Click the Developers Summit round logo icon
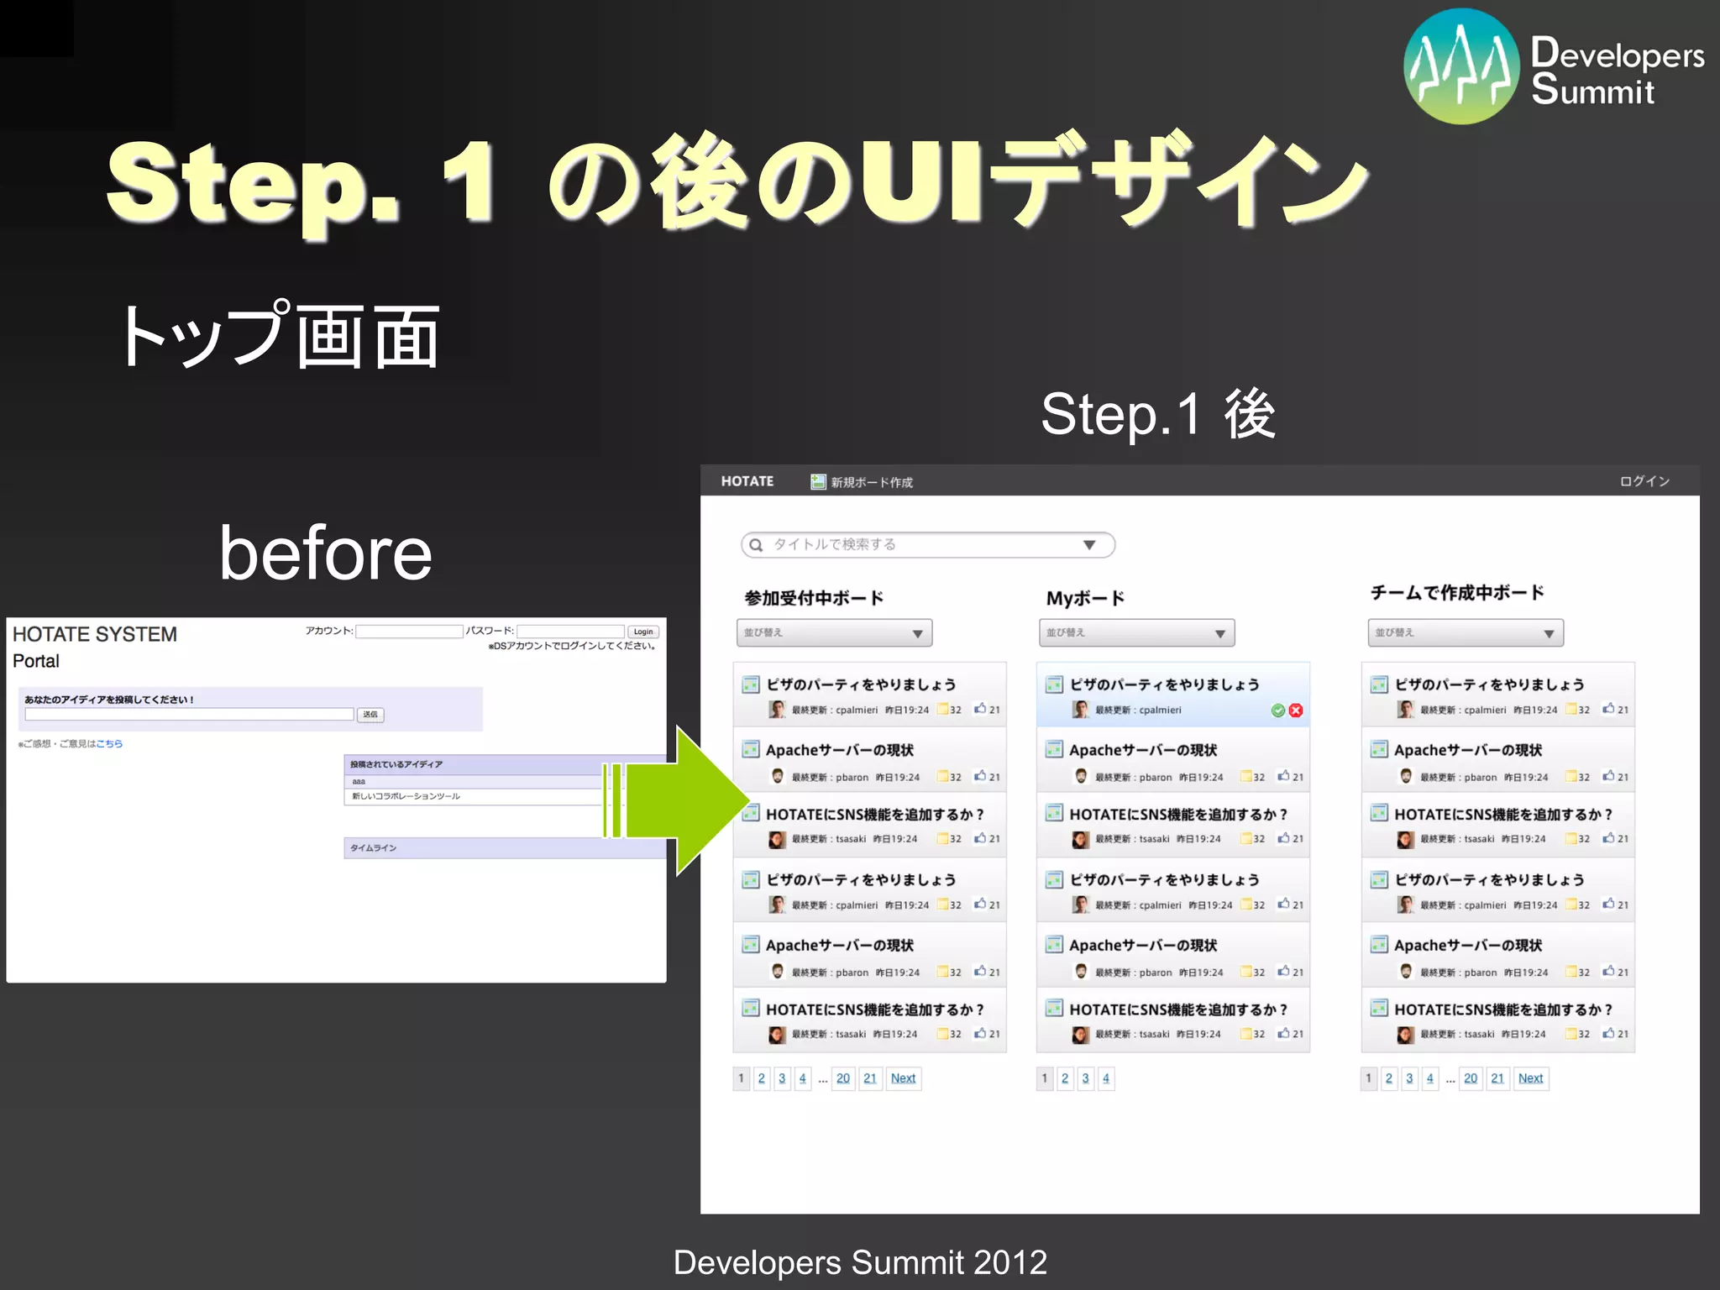pos(1461,66)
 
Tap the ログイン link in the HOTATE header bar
pos(1644,481)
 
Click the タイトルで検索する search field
pos(915,545)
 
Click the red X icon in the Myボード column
pos(1296,711)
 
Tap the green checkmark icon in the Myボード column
pos(1277,711)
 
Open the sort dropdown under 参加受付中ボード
pos(834,633)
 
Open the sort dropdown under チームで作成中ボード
pos(1466,633)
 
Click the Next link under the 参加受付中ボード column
pos(903,1078)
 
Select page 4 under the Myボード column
pos(1106,1078)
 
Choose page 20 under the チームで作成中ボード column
pos(1470,1078)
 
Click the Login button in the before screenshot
pos(643,632)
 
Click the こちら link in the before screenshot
pos(109,743)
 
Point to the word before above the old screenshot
pos(325,553)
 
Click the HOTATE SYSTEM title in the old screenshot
pos(95,634)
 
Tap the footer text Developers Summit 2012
pos(860,1262)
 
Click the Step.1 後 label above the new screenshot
pos(1158,414)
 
